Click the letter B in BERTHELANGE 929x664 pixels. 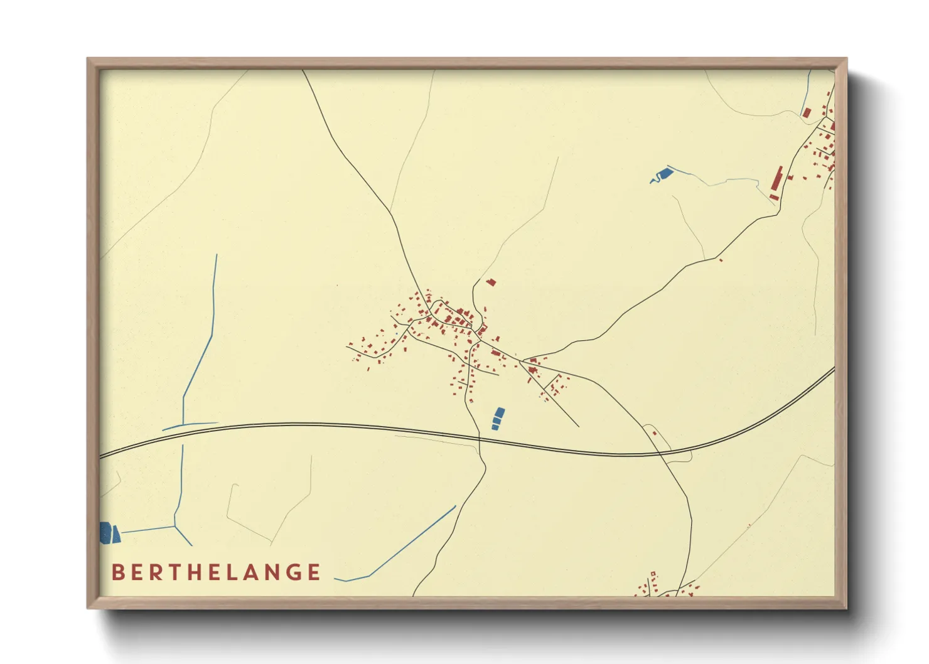[x=117, y=572]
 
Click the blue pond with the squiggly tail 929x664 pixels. [x=662, y=174]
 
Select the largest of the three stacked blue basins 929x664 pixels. [x=499, y=414]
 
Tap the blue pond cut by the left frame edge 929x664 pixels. [x=105, y=532]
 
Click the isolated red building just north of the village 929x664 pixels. [x=491, y=282]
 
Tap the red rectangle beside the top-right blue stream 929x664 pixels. [x=807, y=112]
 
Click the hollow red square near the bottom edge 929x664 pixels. [x=653, y=574]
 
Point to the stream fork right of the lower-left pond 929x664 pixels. [x=175, y=526]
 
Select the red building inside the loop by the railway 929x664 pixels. [x=653, y=432]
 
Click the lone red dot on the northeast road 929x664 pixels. [x=721, y=260]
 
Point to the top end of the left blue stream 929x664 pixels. [x=217, y=255]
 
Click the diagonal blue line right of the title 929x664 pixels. [x=411, y=542]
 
